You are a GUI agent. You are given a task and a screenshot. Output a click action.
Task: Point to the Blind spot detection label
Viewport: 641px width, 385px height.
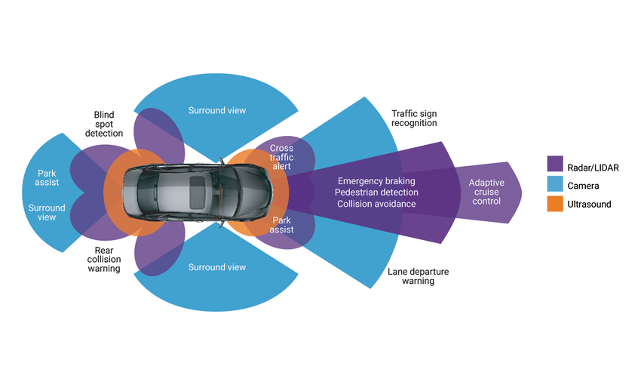103,124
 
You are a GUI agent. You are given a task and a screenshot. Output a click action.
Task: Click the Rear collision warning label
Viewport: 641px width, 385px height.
104,259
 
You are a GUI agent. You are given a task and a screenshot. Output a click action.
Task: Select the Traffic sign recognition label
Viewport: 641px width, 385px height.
413,118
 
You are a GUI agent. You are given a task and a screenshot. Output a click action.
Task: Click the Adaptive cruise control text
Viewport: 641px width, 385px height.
486,192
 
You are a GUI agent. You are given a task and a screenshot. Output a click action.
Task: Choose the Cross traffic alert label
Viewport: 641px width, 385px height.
281,159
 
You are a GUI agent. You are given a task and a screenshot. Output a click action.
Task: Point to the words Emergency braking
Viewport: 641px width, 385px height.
376,181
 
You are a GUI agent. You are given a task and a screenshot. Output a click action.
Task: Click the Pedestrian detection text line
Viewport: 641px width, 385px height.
376,192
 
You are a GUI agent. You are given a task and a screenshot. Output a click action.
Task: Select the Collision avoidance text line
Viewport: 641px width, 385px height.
376,204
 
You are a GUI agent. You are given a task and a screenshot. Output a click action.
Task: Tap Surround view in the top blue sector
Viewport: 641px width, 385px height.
216,111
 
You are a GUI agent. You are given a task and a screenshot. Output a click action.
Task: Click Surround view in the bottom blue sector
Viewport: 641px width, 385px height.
216,267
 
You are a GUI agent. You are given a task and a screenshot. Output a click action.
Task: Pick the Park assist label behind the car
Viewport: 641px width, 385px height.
47,178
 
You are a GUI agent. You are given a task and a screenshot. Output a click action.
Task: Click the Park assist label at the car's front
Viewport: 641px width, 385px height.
281,224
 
